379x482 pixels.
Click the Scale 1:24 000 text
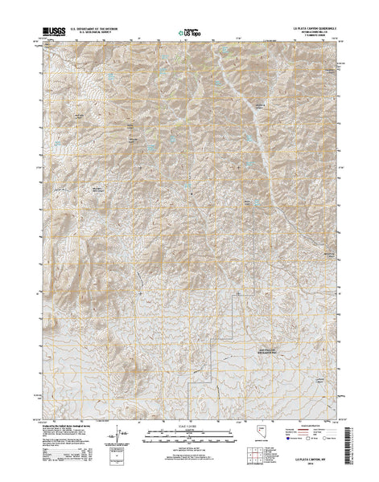click(188, 423)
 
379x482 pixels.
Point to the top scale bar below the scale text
click(188, 431)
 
